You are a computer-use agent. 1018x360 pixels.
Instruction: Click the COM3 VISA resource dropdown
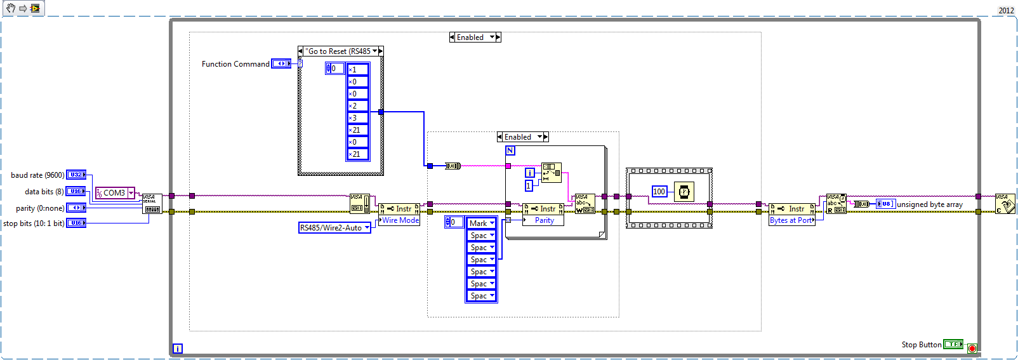click(115, 193)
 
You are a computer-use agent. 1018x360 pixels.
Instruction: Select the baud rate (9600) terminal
click(76, 175)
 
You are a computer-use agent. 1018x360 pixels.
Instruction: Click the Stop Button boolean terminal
click(953, 344)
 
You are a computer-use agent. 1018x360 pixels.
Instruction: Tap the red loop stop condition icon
click(972, 348)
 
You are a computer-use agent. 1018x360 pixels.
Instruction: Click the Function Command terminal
click(281, 63)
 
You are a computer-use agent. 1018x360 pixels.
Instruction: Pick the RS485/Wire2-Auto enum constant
click(334, 227)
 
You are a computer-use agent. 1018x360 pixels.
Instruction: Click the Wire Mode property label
click(400, 220)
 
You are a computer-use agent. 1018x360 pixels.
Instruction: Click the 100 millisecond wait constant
click(659, 192)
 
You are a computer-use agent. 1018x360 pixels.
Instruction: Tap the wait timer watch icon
click(684, 192)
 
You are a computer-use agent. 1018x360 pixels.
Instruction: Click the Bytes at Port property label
click(791, 220)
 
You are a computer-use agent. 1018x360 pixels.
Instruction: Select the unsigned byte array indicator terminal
click(885, 204)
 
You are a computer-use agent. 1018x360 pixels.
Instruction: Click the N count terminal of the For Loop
click(510, 150)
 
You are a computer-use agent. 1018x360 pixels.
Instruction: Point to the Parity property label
click(544, 220)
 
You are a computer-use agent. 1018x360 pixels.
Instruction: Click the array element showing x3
click(357, 118)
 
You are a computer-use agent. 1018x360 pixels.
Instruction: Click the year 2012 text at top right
click(1006, 10)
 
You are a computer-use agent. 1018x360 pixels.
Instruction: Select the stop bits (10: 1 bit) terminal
click(76, 223)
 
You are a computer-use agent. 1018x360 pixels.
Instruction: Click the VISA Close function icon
click(1005, 204)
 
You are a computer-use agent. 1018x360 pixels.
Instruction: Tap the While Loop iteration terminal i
click(178, 348)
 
